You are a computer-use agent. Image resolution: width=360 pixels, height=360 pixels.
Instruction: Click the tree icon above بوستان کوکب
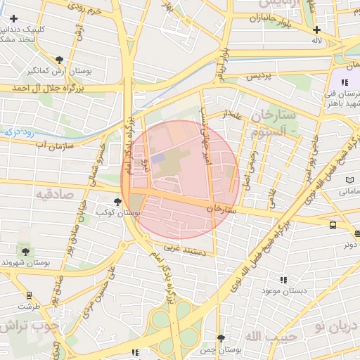pyautogui.click(x=117, y=202)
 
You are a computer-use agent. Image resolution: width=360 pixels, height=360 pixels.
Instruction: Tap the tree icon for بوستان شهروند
pyautogui.click(x=26, y=251)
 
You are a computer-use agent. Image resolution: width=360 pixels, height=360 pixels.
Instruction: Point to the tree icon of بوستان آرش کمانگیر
pyautogui.click(x=59, y=60)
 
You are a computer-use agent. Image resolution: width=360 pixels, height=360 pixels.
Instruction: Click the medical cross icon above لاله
pyautogui.click(x=317, y=30)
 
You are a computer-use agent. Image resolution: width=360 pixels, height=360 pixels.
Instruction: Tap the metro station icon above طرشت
pyautogui.click(x=29, y=295)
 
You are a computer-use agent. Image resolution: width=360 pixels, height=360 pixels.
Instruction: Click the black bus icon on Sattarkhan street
pyautogui.click(x=332, y=225)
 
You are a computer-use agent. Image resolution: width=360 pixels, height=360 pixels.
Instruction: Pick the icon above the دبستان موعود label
pyautogui.click(x=283, y=279)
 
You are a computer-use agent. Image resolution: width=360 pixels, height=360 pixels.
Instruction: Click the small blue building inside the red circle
pyautogui.click(x=158, y=160)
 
